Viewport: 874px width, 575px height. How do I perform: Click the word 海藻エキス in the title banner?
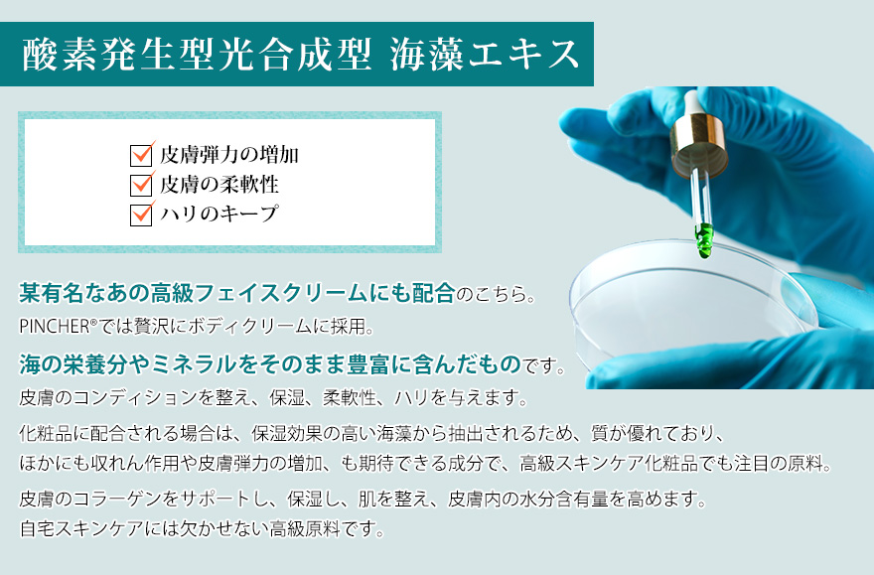pyautogui.click(x=485, y=55)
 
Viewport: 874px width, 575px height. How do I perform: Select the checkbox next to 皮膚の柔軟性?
pyautogui.click(x=141, y=185)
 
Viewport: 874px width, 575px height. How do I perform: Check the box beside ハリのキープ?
pyautogui.click(x=141, y=215)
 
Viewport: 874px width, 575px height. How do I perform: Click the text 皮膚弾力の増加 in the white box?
pyautogui.click(x=229, y=155)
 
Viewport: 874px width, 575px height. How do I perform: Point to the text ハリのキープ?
pyautogui.click(x=219, y=214)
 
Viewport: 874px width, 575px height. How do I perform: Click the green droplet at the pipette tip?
pyautogui.click(x=704, y=240)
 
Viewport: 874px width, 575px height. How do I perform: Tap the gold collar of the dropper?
pyautogui.click(x=699, y=147)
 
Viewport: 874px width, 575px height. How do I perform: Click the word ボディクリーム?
pyautogui.click(x=251, y=327)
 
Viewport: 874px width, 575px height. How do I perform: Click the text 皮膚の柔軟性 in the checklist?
pyautogui.click(x=219, y=185)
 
